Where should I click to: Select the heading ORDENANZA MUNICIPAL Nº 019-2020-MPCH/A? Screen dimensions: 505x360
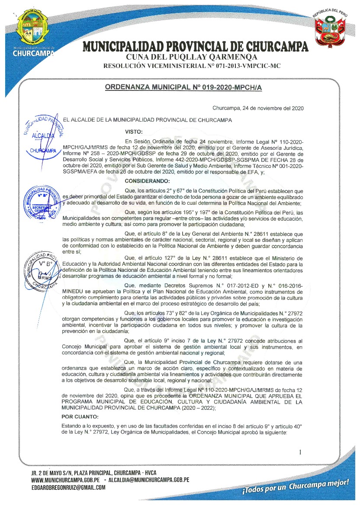tap(184, 87)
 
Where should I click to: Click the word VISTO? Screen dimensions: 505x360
tap(134, 132)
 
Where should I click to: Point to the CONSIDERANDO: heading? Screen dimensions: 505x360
tap(148, 180)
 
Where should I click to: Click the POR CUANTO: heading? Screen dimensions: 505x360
tap(80, 417)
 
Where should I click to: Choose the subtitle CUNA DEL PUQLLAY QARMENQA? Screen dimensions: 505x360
tap(192, 57)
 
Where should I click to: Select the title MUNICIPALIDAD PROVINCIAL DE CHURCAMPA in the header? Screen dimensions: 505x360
tap(196, 46)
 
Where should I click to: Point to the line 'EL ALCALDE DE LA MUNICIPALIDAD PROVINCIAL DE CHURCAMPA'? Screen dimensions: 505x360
tap(148, 120)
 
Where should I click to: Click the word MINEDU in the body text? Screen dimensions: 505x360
tap(73, 291)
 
